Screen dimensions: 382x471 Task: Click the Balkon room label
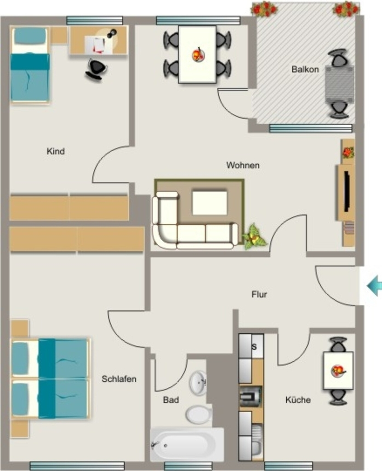pos(305,69)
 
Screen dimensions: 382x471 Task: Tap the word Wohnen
pos(243,165)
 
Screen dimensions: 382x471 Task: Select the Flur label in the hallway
pos(259,294)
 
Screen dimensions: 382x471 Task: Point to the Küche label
pos(298,400)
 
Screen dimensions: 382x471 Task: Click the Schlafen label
pos(119,379)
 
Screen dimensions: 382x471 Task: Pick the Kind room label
pos(56,151)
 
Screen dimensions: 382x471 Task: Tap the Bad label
pos(171,400)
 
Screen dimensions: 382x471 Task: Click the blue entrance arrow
pos(375,286)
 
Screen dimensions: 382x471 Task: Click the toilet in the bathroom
pos(199,414)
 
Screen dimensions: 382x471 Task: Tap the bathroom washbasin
pos(198,383)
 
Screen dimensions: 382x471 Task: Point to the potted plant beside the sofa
pos(254,237)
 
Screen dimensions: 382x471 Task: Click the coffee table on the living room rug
pos(210,203)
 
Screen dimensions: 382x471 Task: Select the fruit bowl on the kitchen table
pos(338,371)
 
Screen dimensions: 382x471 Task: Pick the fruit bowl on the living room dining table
pos(198,55)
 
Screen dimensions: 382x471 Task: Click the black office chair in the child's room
pos(96,69)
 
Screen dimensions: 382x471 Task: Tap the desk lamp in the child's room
pos(112,33)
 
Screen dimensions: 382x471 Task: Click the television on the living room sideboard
pos(347,191)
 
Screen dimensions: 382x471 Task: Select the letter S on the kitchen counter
pos(254,347)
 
